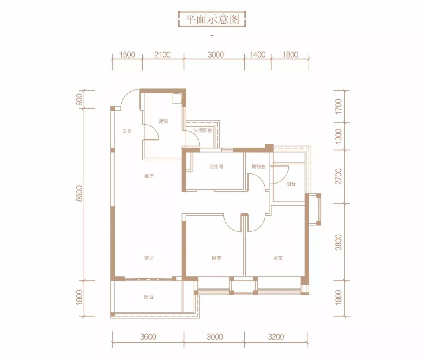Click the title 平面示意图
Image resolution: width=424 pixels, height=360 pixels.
coord(212,19)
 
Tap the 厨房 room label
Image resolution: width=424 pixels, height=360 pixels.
coord(164,121)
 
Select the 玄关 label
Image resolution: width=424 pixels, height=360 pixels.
coord(127,131)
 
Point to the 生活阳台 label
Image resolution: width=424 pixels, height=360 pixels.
coord(203,130)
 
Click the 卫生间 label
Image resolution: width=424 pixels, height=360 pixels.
coord(216,166)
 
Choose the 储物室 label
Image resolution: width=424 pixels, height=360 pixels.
coord(258,166)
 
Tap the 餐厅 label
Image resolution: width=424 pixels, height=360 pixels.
coord(149,176)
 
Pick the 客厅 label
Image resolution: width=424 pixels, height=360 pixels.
coord(149,258)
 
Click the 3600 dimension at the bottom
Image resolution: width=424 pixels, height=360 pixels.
coord(148,337)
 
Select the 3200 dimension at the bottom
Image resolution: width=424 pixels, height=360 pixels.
coord(276,337)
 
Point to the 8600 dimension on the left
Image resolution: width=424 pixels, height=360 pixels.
coord(79,193)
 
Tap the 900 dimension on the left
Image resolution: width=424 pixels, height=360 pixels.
coord(79,99)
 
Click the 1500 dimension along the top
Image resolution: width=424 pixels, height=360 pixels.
coord(127,55)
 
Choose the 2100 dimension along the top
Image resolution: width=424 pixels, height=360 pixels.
coord(162,55)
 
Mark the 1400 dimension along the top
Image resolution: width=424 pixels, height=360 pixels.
coord(258,55)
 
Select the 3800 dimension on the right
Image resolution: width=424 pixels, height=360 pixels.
coord(338,242)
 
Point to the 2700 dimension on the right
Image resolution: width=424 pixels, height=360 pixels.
coord(338,176)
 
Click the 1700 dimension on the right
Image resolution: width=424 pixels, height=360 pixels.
coord(338,106)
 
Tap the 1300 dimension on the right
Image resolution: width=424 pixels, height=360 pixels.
coord(338,136)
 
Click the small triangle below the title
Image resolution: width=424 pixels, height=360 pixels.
coord(212,36)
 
